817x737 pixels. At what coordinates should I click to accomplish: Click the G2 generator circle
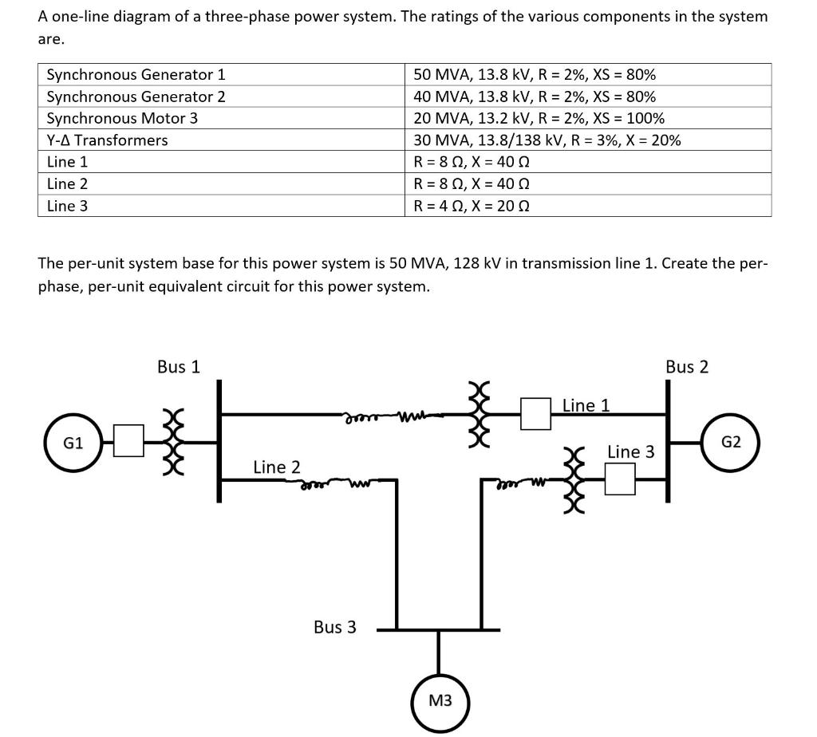click(731, 441)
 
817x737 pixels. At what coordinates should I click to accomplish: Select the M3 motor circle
click(440, 700)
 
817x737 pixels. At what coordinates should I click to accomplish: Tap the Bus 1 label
click(179, 367)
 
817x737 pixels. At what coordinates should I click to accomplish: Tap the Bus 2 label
click(686, 367)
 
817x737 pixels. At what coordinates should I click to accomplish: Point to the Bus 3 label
click(335, 627)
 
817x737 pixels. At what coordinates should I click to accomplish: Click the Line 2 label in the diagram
click(276, 467)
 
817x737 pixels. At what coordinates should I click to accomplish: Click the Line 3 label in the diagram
click(630, 452)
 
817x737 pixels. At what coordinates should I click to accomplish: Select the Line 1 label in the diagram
click(586, 405)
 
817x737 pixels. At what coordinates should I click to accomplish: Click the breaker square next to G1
click(128, 441)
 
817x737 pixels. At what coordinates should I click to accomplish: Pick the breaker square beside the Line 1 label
click(536, 413)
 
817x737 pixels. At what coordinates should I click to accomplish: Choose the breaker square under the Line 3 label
click(620, 479)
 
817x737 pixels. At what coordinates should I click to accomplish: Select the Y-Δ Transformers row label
click(108, 140)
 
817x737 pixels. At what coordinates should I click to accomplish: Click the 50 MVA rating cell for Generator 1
click(535, 75)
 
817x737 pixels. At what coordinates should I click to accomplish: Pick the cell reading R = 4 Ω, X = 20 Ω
click(472, 206)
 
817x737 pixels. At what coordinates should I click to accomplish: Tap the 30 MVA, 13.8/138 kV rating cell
click(547, 140)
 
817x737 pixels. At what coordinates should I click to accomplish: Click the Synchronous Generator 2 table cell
click(136, 97)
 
